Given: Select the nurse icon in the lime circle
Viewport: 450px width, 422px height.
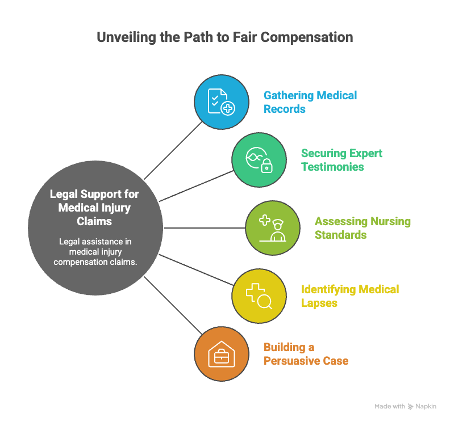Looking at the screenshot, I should [272, 228].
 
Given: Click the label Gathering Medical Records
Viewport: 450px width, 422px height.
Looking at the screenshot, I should [310, 102].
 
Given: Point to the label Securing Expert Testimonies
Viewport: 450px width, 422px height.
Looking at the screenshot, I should [341, 160].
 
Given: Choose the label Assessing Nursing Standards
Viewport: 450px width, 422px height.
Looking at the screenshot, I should [363, 228].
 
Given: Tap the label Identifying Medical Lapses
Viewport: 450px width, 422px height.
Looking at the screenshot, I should [350, 296].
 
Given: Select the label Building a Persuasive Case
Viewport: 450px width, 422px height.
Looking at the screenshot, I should [306, 354].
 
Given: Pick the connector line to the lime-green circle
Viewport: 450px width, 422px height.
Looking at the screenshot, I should [205, 228].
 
